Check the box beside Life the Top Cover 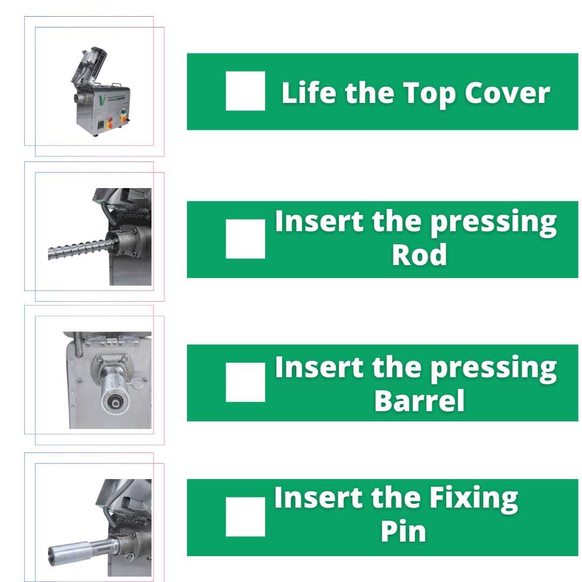pyautogui.click(x=245, y=91)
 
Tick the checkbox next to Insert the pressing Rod pyautogui.click(x=245, y=239)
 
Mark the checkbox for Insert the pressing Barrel pyautogui.click(x=245, y=382)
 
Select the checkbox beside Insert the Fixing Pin pyautogui.click(x=245, y=517)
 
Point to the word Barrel pyautogui.click(x=419, y=400)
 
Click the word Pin pyautogui.click(x=403, y=531)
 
